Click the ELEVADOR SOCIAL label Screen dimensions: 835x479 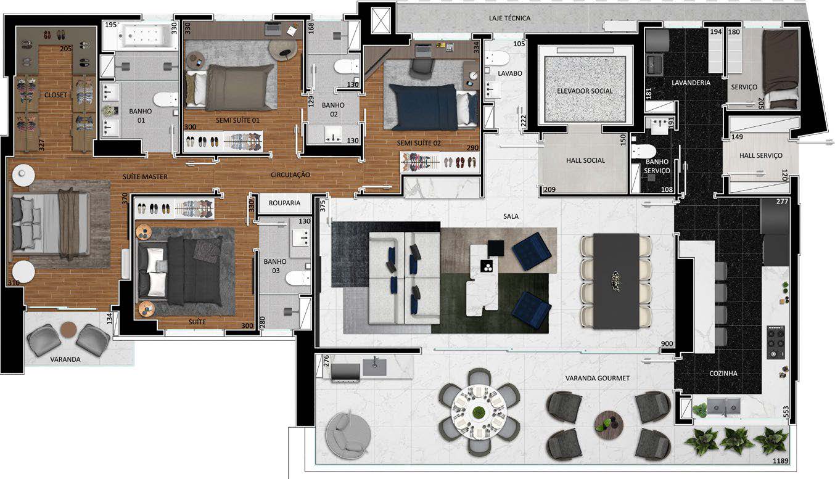click(585, 91)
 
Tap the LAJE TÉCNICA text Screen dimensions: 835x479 click(509, 18)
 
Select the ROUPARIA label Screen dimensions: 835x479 click(284, 203)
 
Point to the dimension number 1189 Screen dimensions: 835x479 click(780, 461)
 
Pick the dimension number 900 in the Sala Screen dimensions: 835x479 click(667, 343)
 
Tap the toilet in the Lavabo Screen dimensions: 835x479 click(497, 58)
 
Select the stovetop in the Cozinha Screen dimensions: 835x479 click(776, 342)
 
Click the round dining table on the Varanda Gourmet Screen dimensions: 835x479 click(479, 412)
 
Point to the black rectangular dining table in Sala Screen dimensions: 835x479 click(616, 281)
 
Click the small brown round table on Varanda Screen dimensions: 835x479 click(68, 330)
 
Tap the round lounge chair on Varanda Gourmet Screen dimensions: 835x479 click(348, 435)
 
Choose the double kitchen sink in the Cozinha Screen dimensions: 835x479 click(723, 406)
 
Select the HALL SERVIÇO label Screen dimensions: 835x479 click(761, 155)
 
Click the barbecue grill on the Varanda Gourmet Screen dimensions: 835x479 click(345, 373)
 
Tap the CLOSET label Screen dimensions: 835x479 click(56, 95)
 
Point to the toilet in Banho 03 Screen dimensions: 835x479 click(298, 278)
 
